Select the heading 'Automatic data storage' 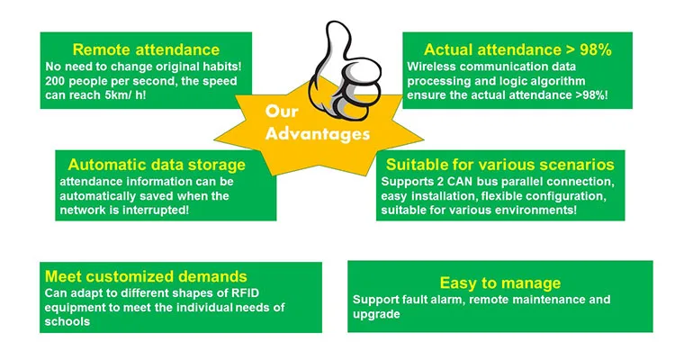tap(157, 165)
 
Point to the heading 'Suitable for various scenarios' tap(500, 165)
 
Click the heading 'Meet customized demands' tap(146, 276)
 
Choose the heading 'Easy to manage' tap(500, 283)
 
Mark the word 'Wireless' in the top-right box tap(433, 67)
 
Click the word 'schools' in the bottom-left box tap(67, 322)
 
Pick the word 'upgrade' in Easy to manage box tap(376, 314)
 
